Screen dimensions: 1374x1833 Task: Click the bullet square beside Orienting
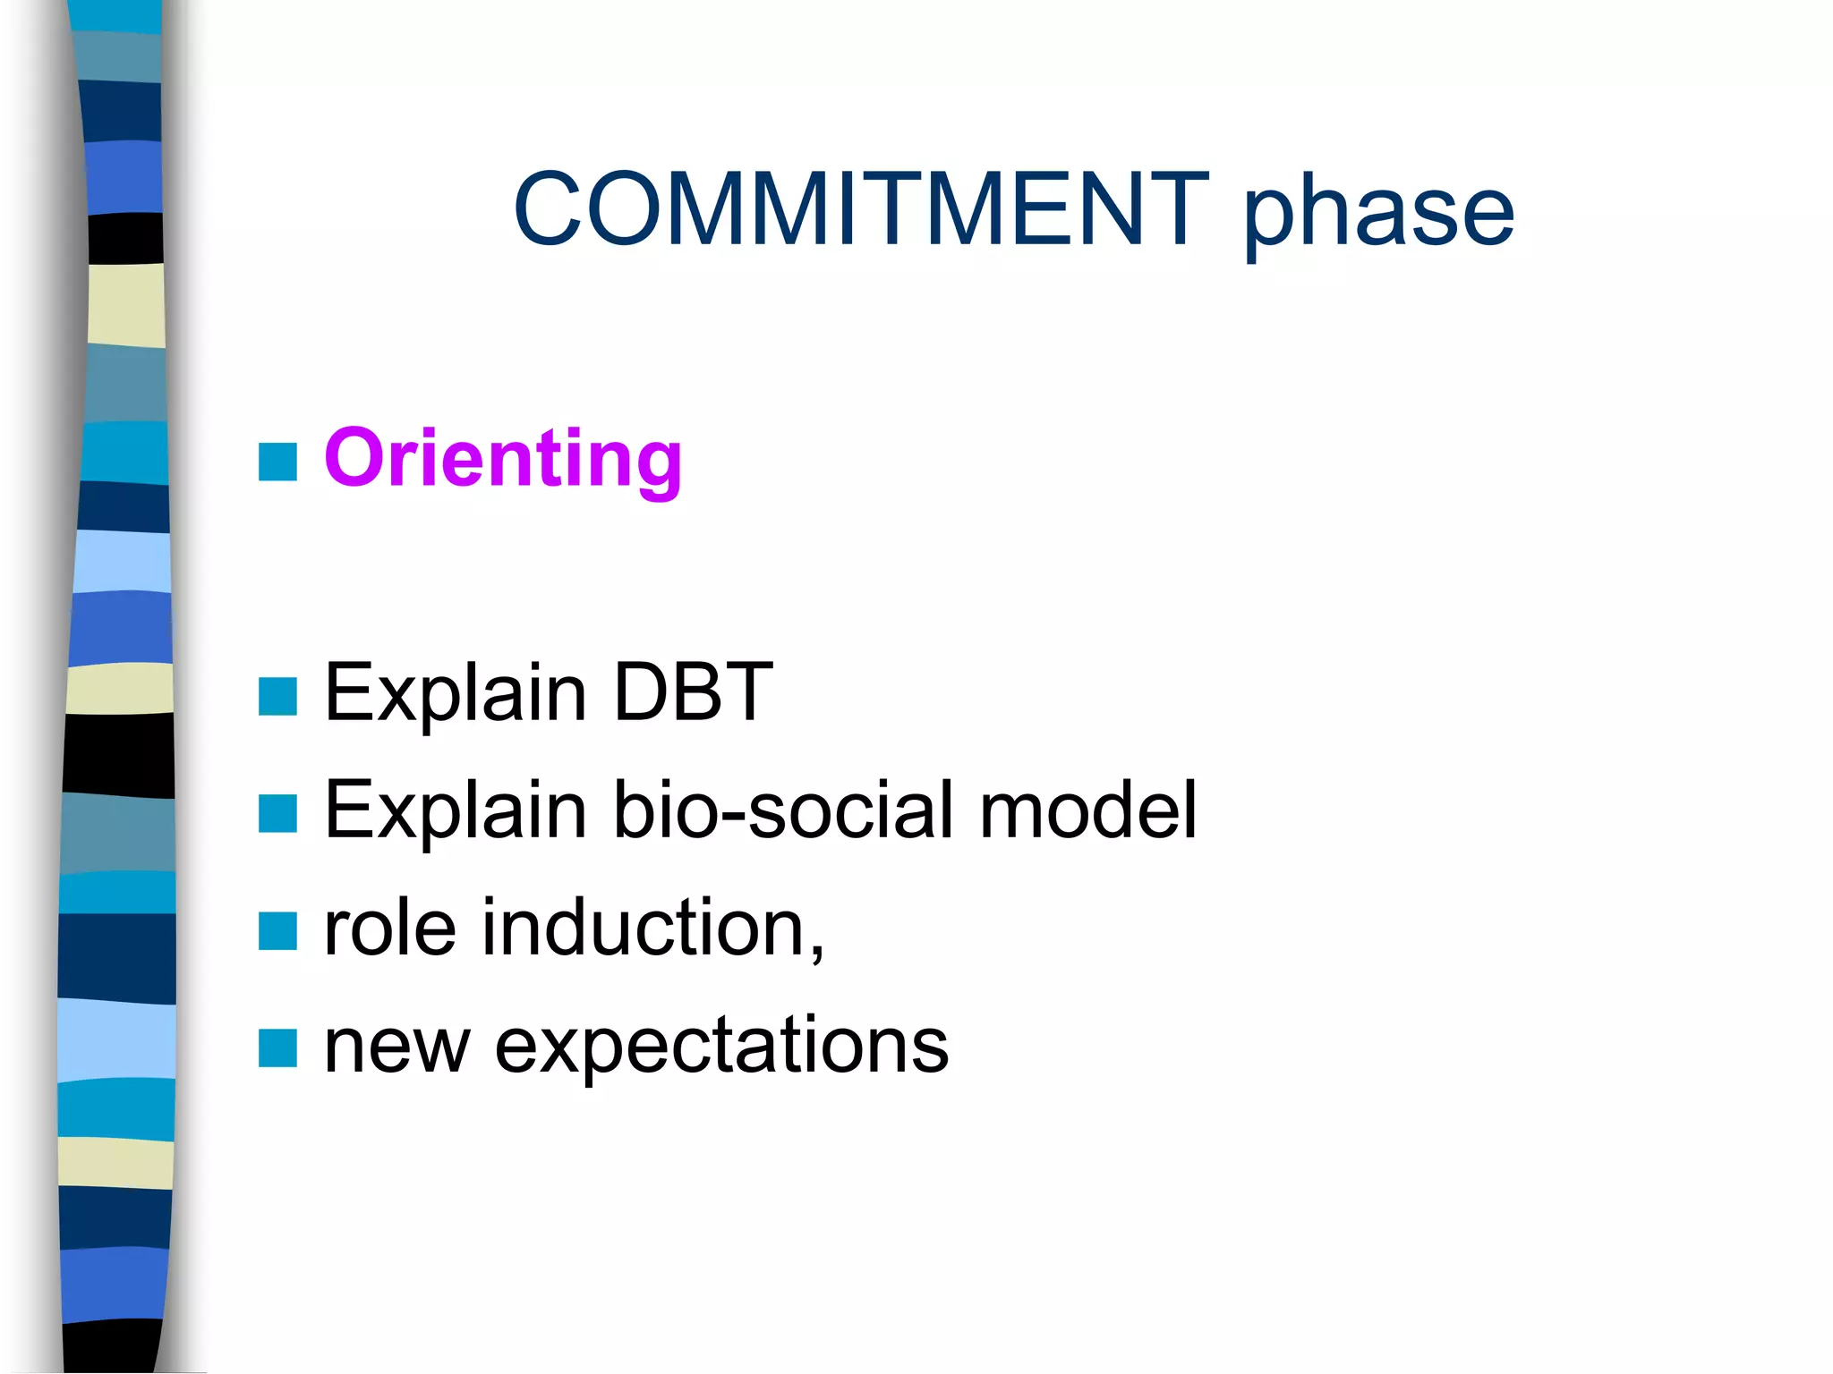coord(277,462)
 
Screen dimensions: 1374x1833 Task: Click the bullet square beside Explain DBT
coord(277,697)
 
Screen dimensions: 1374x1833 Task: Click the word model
coord(1087,810)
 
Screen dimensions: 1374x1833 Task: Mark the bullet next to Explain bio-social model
coord(277,814)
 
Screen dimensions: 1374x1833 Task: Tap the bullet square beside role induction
coord(277,931)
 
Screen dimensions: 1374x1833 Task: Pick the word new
coord(396,1047)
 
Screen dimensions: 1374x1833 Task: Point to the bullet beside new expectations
coord(277,1048)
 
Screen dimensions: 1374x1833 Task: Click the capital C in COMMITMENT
coord(547,209)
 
